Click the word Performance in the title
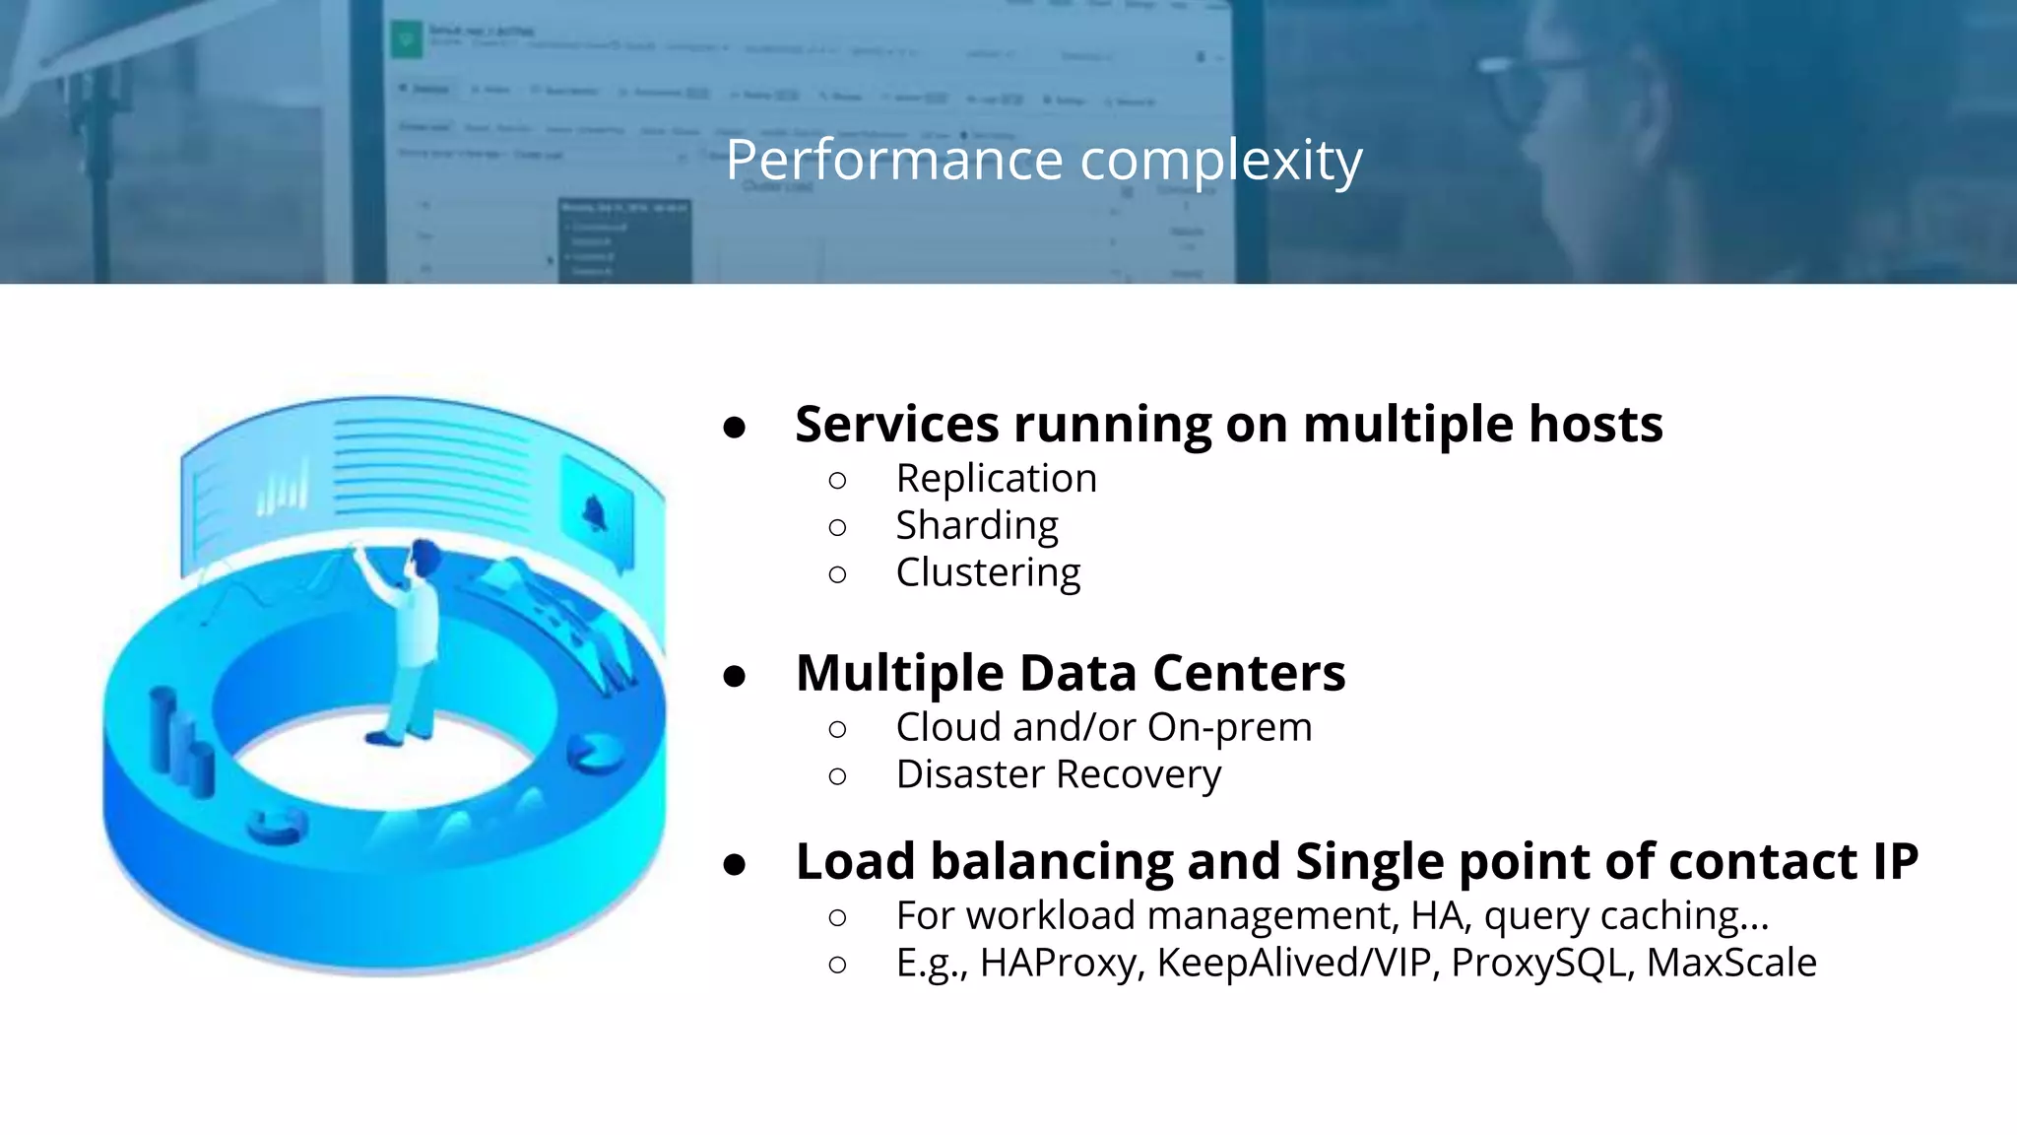[x=894, y=160]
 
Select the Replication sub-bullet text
[x=996, y=479]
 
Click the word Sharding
[x=976, y=526]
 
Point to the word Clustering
[x=988, y=573]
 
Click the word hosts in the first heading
[x=1595, y=424]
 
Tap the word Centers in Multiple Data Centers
[x=1248, y=673]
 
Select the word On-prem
[x=1229, y=727]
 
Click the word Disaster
[x=971, y=774]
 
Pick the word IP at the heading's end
[x=1895, y=861]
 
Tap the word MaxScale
[x=1730, y=963]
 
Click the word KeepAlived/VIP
[x=1293, y=963]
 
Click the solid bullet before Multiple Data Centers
[x=734, y=676]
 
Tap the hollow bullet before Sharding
[x=837, y=528]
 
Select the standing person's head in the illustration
[x=425, y=558]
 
